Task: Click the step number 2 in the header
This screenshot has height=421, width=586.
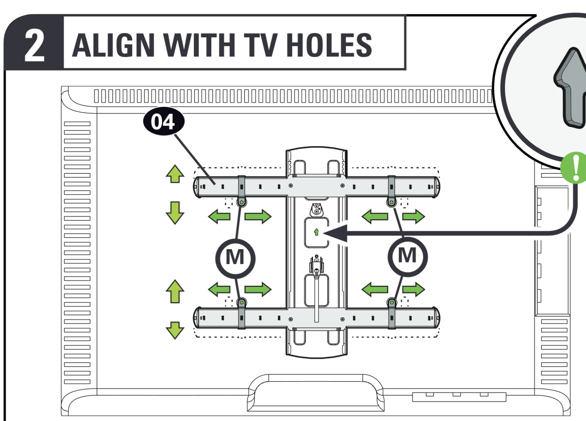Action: (34, 45)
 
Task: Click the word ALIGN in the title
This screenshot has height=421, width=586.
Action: (113, 45)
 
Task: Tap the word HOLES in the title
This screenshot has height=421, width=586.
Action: (329, 45)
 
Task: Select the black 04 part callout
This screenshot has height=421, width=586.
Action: (164, 121)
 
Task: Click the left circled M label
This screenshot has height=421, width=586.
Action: (235, 258)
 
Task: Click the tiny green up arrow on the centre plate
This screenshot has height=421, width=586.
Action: (316, 232)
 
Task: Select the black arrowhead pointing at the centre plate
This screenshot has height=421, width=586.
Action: (336, 233)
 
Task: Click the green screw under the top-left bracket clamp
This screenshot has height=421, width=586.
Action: (242, 202)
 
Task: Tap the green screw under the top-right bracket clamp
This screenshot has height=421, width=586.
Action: (391, 202)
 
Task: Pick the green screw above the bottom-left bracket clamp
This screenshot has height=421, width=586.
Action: (242, 303)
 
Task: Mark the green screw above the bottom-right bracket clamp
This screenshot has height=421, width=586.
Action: (392, 303)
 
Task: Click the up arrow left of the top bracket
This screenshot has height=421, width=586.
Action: (175, 174)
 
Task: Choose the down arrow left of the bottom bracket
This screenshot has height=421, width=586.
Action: (175, 331)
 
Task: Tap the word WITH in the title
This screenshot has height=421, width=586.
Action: (199, 45)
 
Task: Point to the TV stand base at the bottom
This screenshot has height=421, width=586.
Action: (316, 393)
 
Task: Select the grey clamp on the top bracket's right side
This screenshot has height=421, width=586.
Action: (391, 186)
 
